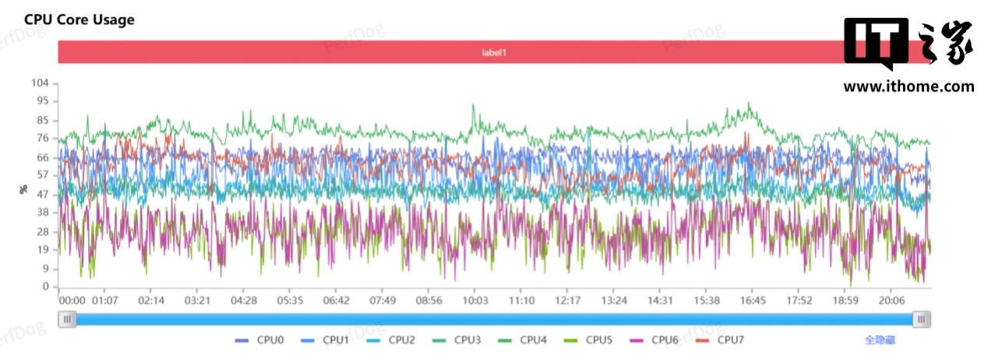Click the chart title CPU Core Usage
79,20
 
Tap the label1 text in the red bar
494,52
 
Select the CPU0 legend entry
260,340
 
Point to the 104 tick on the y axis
40,83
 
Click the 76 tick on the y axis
43,139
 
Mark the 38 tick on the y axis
43,212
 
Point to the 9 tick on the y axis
45,269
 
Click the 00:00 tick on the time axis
72,301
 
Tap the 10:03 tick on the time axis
475,301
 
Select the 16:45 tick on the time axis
753,301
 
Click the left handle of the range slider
68,319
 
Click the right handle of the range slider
922,319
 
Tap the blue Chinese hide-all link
880,340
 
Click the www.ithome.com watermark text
909,86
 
